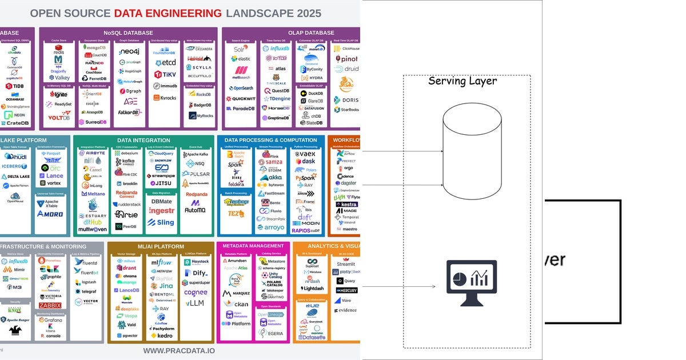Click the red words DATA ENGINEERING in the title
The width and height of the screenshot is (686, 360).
point(167,13)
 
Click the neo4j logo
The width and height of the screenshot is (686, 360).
point(129,51)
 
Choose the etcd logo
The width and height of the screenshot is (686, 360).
point(165,62)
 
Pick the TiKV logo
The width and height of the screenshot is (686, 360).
point(165,74)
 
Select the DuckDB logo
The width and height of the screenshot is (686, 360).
point(312,93)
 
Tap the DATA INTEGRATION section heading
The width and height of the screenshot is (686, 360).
point(145,140)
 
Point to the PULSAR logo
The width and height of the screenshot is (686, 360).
point(196,174)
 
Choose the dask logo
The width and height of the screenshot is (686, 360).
point(305,162)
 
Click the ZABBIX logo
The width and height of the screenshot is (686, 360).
point(50,305)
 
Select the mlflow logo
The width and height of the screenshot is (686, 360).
point(161,262)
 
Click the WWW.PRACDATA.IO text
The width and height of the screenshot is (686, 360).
point(179,350)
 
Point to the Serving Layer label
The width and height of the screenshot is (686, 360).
point(462,81)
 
